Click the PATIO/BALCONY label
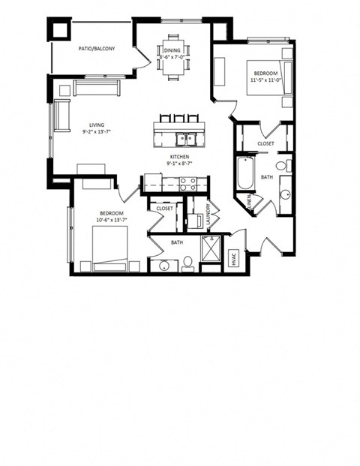coord(97,50)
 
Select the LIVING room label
coord(97,125)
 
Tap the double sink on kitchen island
coord(184,138)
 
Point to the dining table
coord(173,54)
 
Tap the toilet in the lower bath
coord(188,262)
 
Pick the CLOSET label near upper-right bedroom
coord(265,143)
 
